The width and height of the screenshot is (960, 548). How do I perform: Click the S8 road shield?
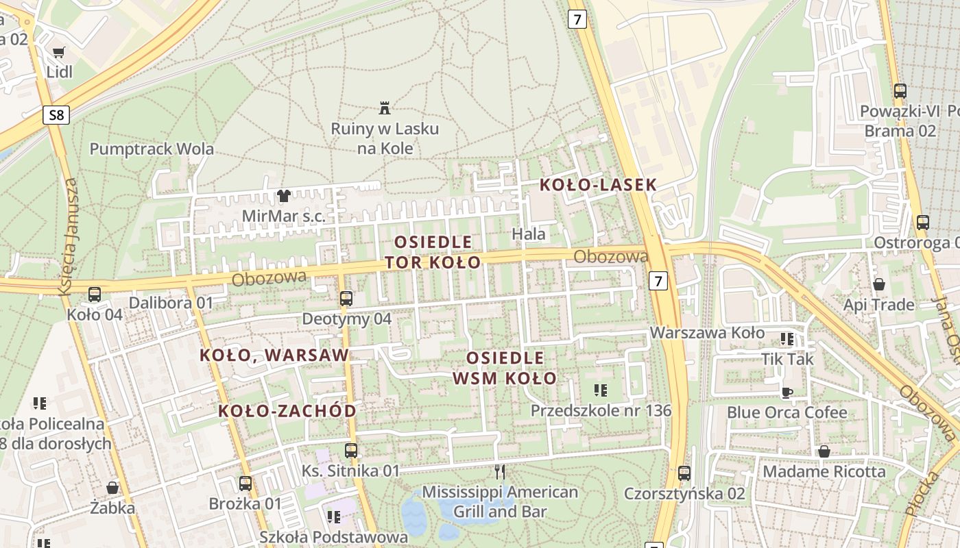tap(56, 115)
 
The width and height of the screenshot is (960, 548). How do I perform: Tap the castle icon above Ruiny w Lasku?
tap(385, 108)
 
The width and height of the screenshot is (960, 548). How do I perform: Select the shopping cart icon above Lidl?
tap(59, 53)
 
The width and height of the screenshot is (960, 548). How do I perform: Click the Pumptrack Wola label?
tap(152, 149)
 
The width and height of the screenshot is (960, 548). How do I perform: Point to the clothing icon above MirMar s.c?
tap(283, 196)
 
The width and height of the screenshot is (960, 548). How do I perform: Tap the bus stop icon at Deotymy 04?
tap(346, 299)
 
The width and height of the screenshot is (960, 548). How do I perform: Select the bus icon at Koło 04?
tap(94, 295)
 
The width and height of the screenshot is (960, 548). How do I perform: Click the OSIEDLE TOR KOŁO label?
tap(433, 252)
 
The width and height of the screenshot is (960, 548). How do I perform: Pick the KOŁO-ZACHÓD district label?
tap(287, 411)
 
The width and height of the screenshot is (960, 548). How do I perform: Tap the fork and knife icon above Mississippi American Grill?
tap(500, 471)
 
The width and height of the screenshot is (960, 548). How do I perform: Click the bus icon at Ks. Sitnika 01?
tap(351, 450)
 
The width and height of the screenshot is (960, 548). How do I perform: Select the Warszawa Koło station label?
tap(707, 333)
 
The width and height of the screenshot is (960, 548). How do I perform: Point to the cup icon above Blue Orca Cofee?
tap(787, 393)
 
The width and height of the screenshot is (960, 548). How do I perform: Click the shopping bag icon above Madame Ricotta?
tap(824, 451)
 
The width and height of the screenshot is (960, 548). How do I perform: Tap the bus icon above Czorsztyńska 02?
tap(684, 473)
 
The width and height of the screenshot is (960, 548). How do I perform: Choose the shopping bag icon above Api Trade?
tap(878, 284)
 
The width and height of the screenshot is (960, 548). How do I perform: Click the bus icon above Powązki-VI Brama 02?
tap(900, 90)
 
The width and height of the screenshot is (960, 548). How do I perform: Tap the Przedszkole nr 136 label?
tap(601, 410)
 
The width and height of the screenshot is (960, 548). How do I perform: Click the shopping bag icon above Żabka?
tap(112, 488)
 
